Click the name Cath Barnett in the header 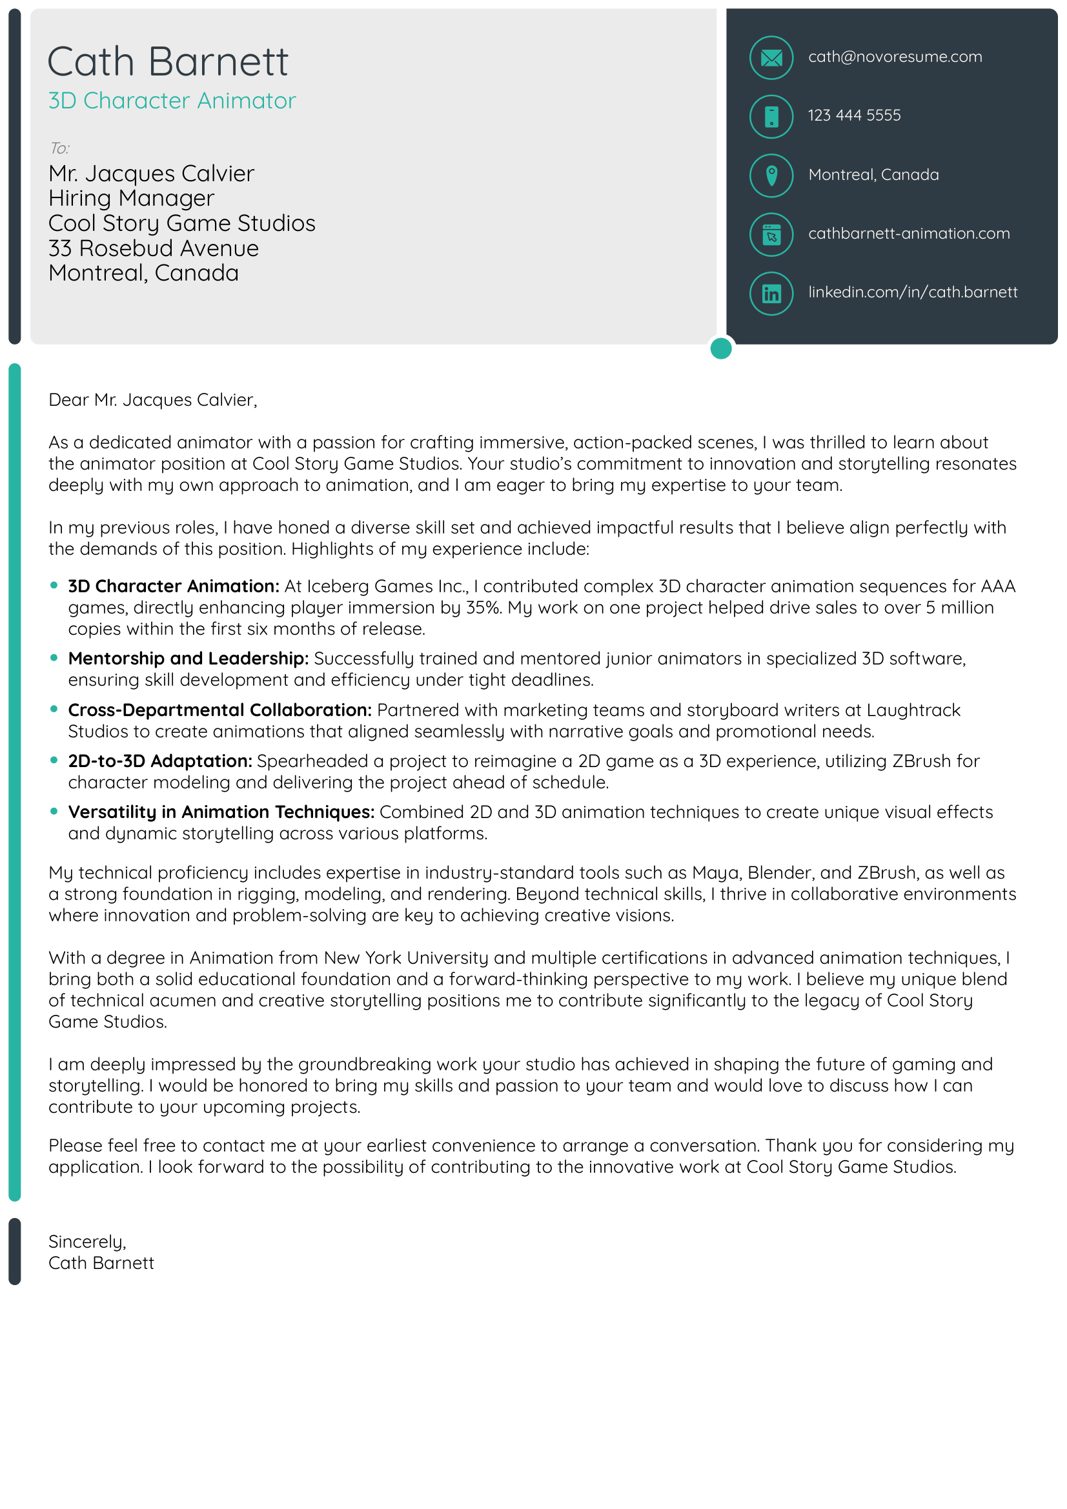pyautogui.click(x=168, y=62)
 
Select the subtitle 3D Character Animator pyautogui.click(x=172, y=101)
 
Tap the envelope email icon pyautogui.click(x=771, y=58)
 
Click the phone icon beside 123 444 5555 pyautogui.click(x=771, y=116)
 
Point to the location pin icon pyautogui.click(x=771, y=175)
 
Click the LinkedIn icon pyautogui.click(x=771, y=293)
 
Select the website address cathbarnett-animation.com pyautogui.click(x=908, y=234)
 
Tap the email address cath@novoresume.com pyautogui.click(x=894, y=57)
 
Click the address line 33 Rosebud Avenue pyautogui.click(x=153, y=248)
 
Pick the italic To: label pyautogui.click(x=59, y=148)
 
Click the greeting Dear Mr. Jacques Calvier pyautogui.click(x=152, y=399)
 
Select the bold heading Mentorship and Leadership pyautogui.click(x=188, y=658)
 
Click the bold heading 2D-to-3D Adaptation pyautogui.click(x=159, y=761)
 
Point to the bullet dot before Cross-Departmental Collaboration pyautogui.click(x=54, y=708)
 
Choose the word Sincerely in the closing pyautogui.click(x=86, y=1241)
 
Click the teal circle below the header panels pyautogui.click(x=720, y=348)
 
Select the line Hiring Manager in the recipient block pyautogui.click(x=131, y=198)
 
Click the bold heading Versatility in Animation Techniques pyautogui.click(x=221, y=812)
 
